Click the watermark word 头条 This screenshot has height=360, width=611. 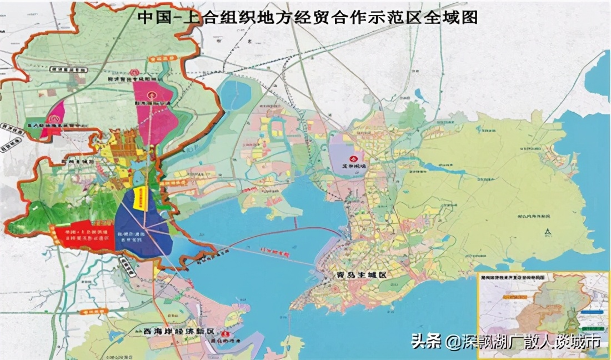(426, 341)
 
